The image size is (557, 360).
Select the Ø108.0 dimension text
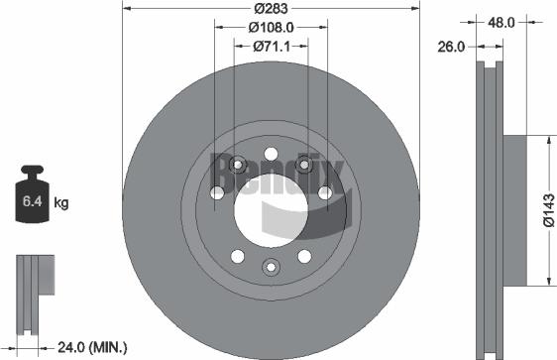[x=270, y=27]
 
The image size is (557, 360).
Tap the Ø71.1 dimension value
[x=270, y=45]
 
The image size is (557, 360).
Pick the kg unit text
[x=60, y=203]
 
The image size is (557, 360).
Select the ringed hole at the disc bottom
[x=270, y=266]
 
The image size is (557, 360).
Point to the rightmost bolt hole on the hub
[x=325, y=194]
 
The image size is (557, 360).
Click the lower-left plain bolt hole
[x=236, y=256]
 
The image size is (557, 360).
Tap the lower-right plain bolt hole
[x=304, y=256]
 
